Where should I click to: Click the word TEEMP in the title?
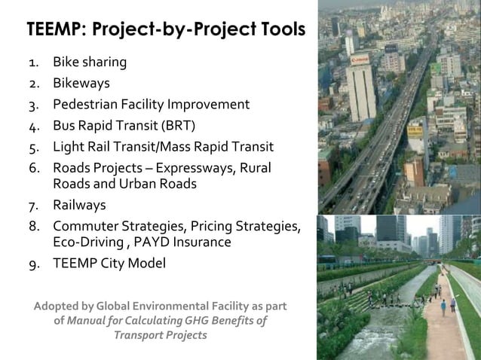54,29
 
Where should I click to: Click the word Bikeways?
81,83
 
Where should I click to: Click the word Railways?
79,205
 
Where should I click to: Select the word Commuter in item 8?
85,226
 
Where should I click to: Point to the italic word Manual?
87,320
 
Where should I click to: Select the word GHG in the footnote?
197,320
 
